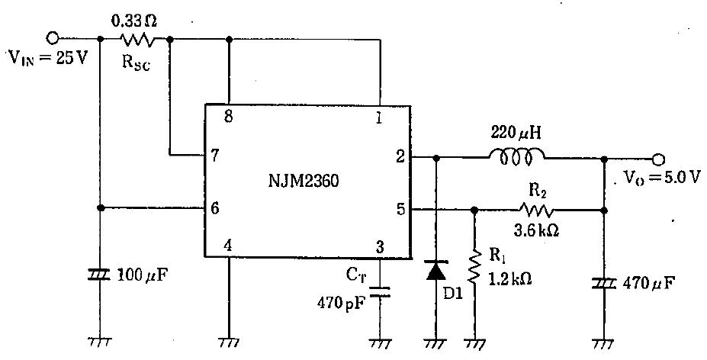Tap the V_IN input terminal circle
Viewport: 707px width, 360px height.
pyautogui.click(x=53, y=37)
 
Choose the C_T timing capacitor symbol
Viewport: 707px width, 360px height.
pyautogui.click(x=379, y=291)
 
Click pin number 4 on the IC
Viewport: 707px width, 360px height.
pyautogui.click(x=227, y=246)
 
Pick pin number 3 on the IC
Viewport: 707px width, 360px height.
pyautogui.click(x=379, y=246)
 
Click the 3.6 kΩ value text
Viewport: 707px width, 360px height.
pyautogui.click(x=538, y=228)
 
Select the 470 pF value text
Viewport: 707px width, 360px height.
pyautogui.click(x=341, y=303)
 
